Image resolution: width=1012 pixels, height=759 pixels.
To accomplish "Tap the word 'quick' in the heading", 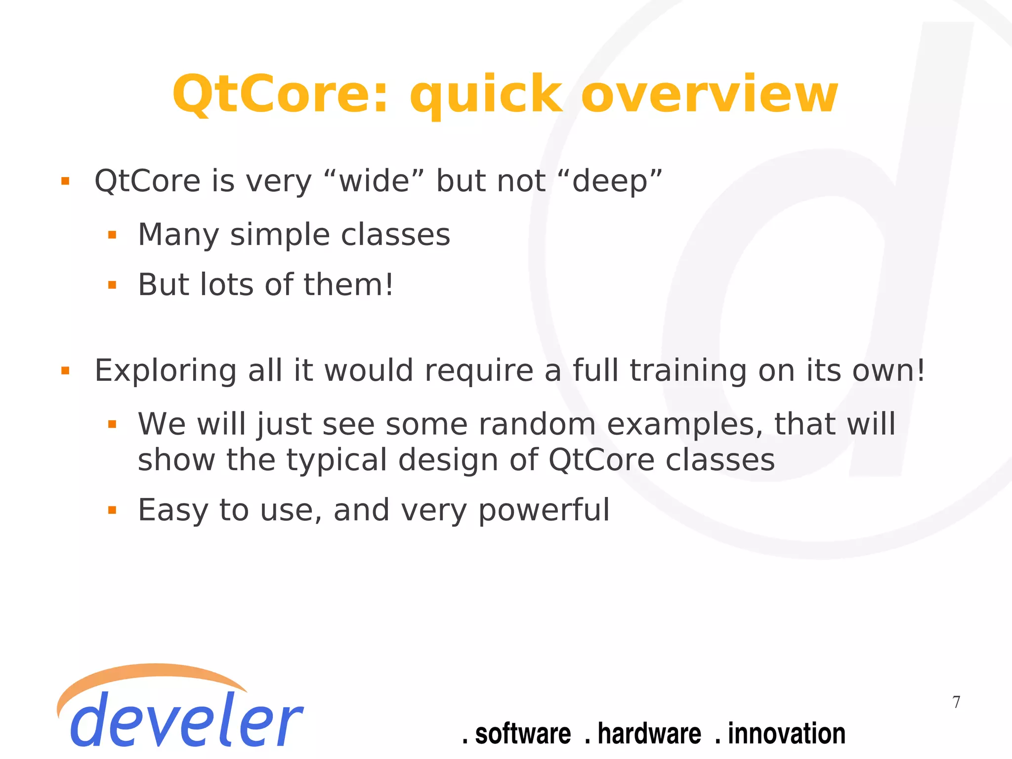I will coord(486,95).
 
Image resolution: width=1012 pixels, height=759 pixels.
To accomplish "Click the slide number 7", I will coord(957,702).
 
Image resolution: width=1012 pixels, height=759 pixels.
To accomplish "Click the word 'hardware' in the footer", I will coord(649,733).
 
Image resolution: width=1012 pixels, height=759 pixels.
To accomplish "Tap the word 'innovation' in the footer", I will coord(786,733).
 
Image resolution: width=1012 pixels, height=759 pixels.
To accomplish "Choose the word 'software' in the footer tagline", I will coord(523,733).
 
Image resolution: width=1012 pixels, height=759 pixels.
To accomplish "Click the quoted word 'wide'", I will coord(375,181).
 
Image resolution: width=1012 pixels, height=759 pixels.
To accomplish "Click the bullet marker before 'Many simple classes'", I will coord(112,235).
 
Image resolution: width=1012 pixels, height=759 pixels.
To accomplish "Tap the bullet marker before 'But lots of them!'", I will coord(112,285).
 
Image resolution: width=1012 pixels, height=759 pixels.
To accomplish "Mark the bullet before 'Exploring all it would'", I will coord(65,371).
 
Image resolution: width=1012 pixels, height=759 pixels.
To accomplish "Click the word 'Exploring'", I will coord(166,371).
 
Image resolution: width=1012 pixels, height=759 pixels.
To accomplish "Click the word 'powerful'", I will coord(544,510).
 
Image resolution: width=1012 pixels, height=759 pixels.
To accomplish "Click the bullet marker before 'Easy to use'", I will coord(112,510).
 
